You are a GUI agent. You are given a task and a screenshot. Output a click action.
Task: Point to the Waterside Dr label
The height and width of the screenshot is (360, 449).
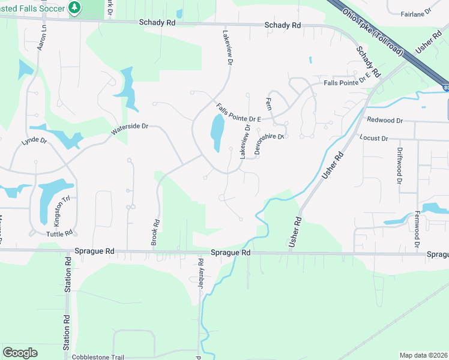[129, 128]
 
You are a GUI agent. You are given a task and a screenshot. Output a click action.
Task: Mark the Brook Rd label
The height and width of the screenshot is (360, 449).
[155, 232]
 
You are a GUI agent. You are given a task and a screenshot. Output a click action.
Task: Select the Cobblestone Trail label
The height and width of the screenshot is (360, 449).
[98, 357]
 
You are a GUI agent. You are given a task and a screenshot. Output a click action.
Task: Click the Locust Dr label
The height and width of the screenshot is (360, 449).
[373, 138]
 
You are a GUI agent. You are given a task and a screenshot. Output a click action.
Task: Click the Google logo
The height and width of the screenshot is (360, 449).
[20, 353]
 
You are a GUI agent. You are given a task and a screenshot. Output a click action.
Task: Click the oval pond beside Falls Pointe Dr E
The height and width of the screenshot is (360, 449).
[216, 133]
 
